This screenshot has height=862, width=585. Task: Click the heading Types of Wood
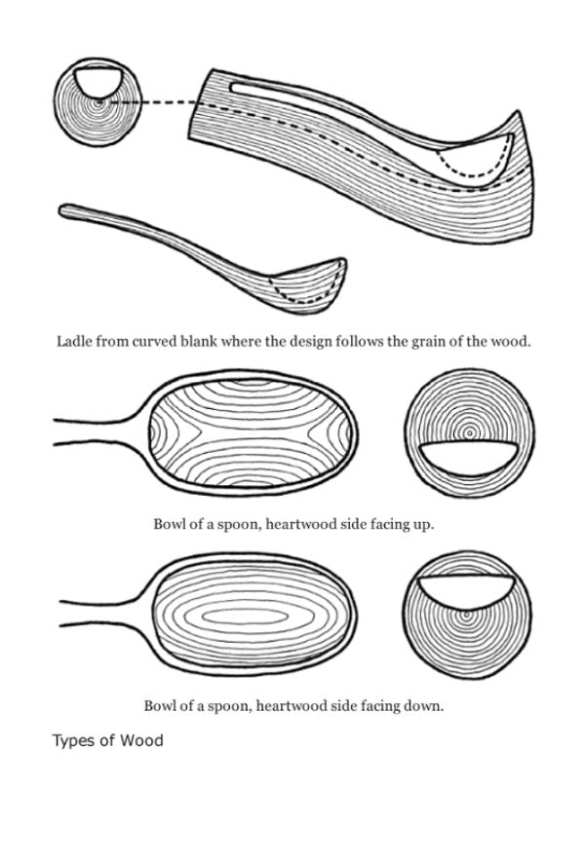point(107,741)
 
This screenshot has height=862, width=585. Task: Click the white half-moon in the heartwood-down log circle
point(465,583)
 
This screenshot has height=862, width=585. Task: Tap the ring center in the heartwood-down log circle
point(466,616)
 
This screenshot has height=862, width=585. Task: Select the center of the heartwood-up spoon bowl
point(252,431)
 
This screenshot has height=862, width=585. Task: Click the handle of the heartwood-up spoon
point(93,432)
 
